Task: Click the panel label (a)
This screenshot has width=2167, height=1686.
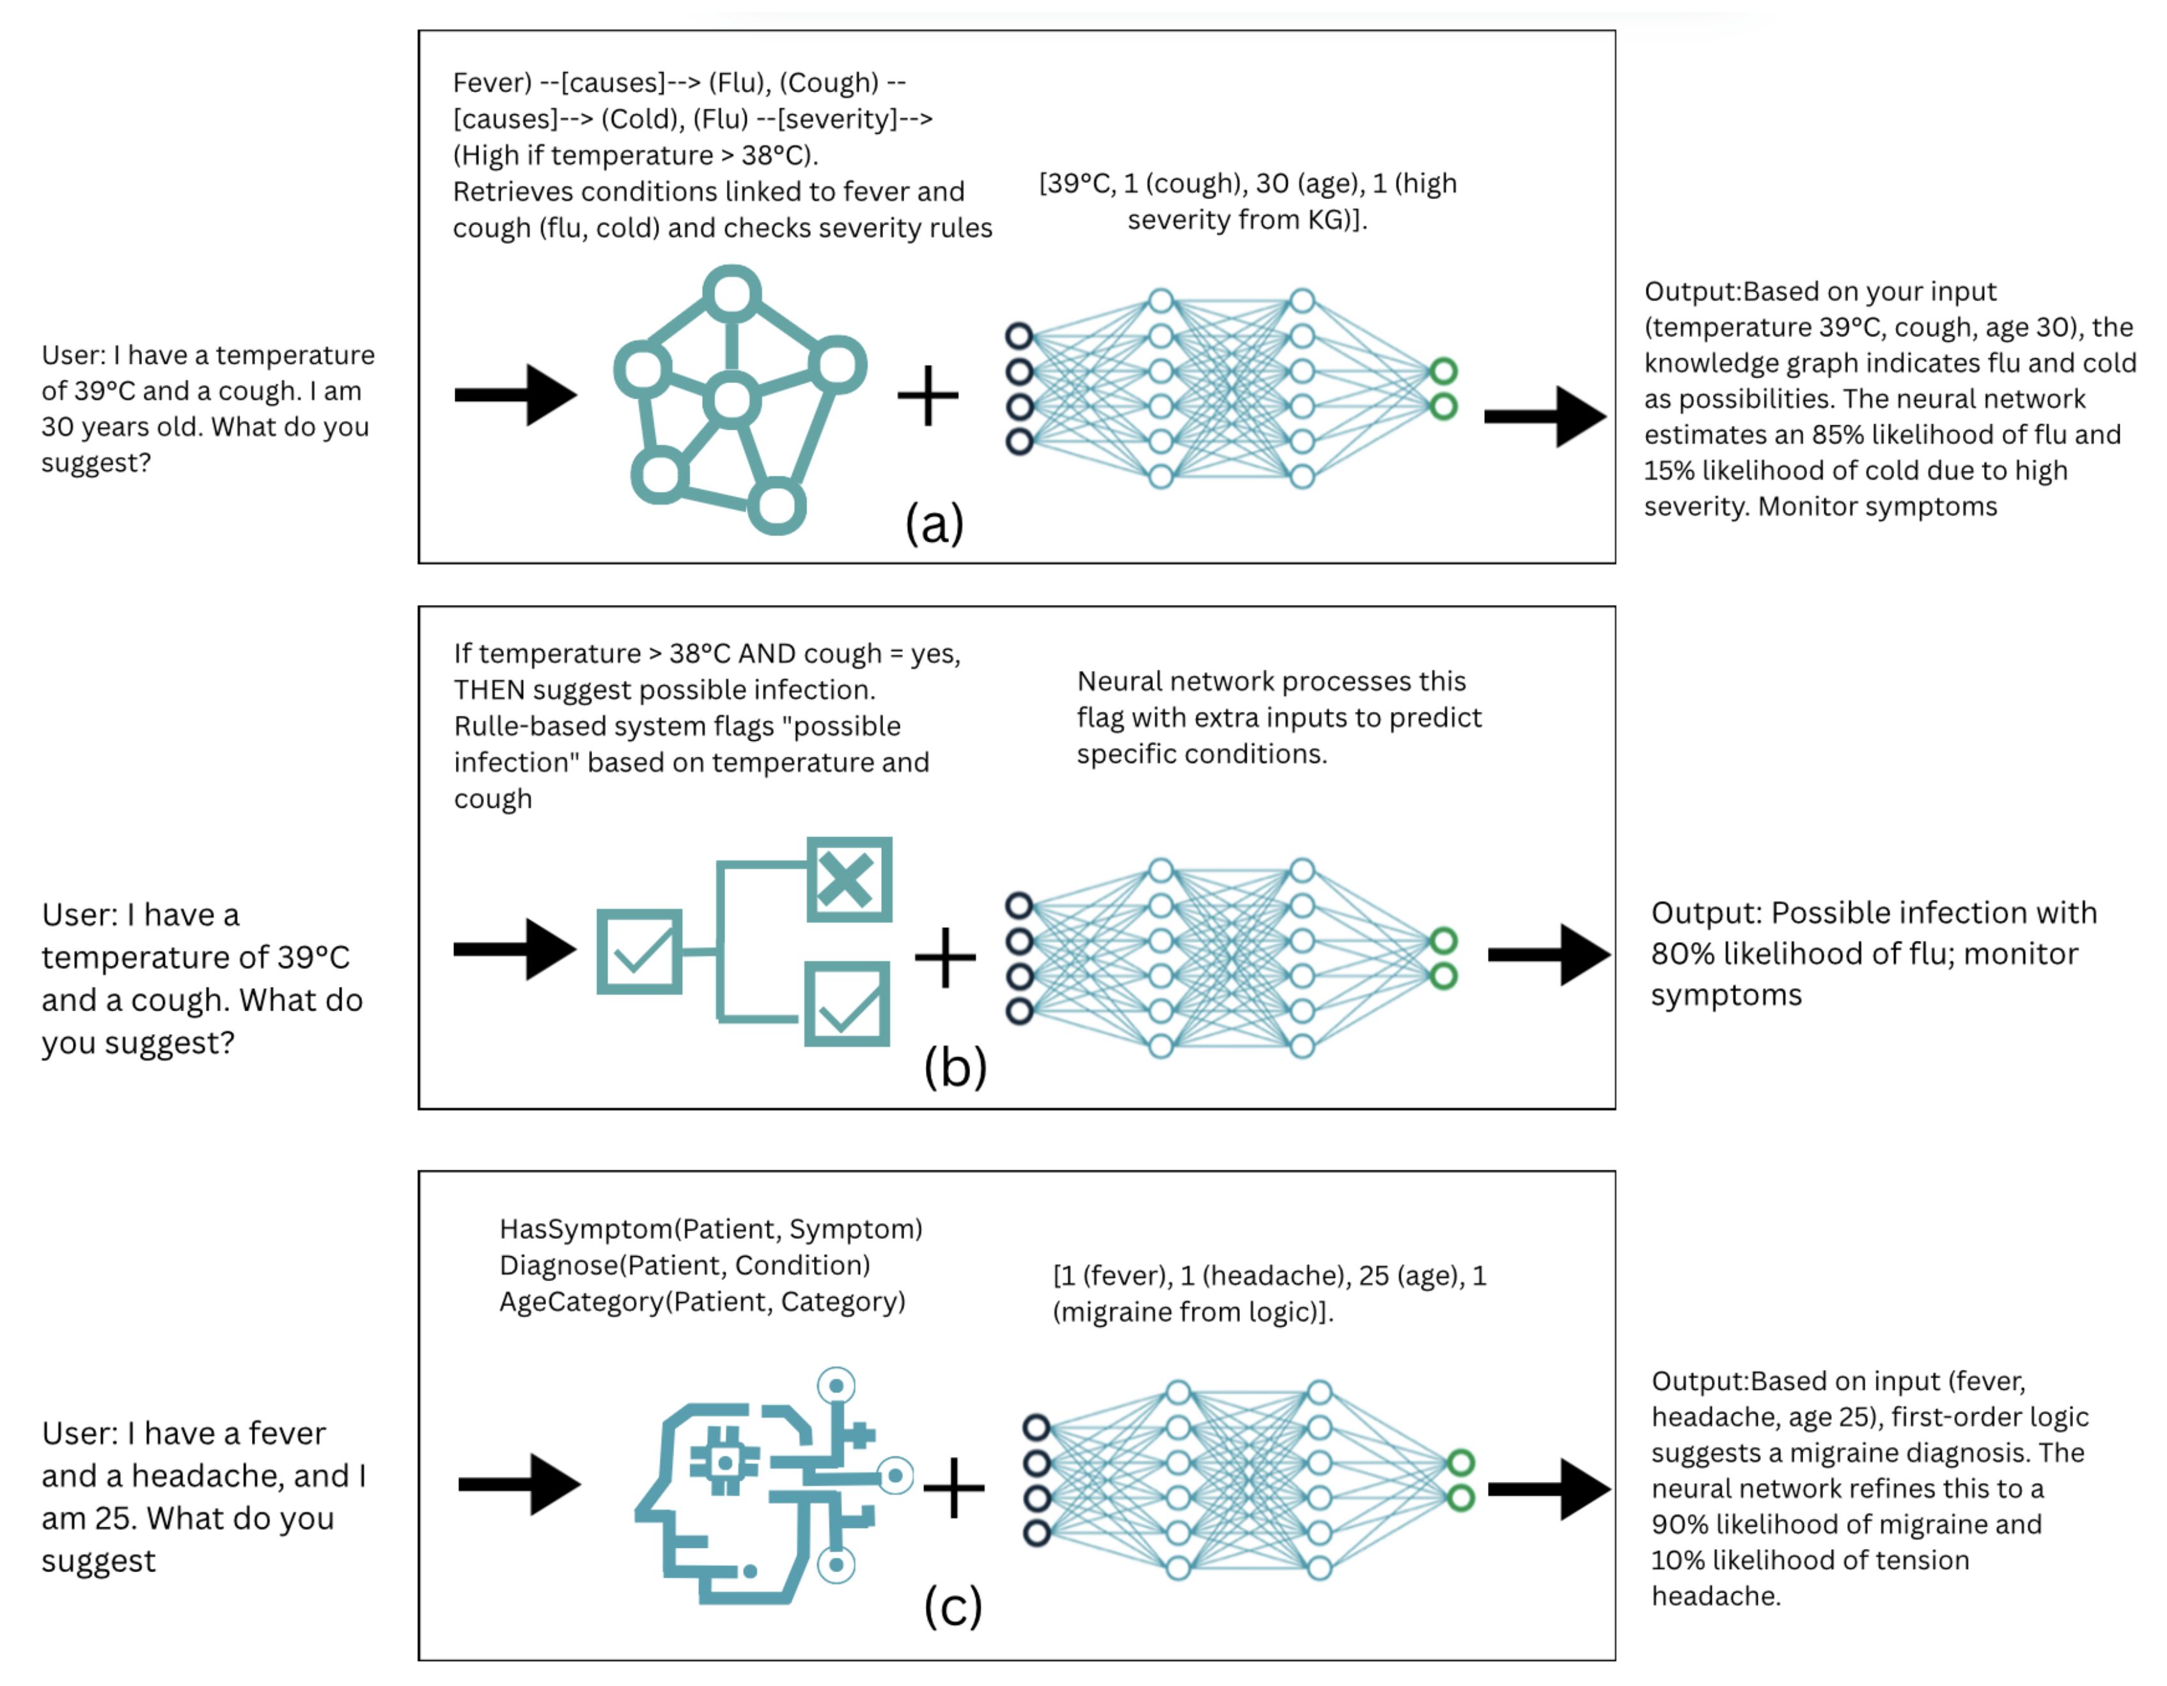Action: pos(934,523)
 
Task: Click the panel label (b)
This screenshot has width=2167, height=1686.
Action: pos(955,1067)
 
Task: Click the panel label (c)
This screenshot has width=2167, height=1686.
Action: pos(953,1605)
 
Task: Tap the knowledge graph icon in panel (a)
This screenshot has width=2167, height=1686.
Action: pos(739,400)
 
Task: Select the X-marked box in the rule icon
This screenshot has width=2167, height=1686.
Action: pos(849,879)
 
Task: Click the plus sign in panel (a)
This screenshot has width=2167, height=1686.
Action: pos(928,395)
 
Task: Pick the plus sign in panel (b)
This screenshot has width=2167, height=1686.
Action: pos(944,957)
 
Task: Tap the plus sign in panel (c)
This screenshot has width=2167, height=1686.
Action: pos(953,1488)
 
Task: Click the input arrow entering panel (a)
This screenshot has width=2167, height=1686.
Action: pos(516,395)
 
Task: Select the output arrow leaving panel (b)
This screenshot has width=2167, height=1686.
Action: pos(1549,955)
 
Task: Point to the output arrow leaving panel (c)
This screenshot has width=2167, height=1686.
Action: pos(1549,1488)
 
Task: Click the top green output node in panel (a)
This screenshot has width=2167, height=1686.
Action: pos(1444,371)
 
